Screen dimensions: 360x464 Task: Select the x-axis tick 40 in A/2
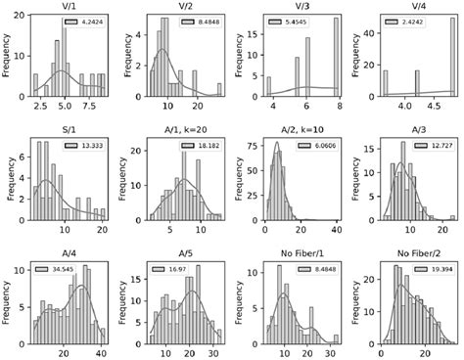click(x=337, y=228)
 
